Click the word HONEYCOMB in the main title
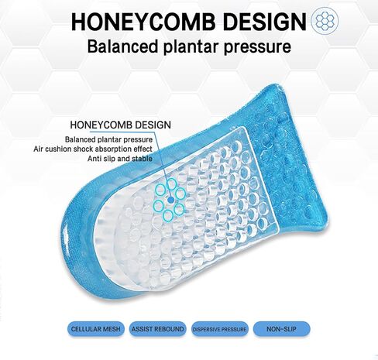[143, 22]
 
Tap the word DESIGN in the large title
[264, 22]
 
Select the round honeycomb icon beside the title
[325, 21]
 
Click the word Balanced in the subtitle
[122, 46]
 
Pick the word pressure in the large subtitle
[257, 48]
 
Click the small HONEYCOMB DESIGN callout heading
[120, 125]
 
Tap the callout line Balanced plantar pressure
[108, 140]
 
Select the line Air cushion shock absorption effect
[93, 149]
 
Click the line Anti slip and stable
[120, 159]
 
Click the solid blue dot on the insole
[170, 200]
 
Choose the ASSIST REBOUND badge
[157, 329]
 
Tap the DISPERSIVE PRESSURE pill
[219, 329]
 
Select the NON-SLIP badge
[281, 329]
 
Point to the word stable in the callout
[142, 159]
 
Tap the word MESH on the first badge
[112, 329]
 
